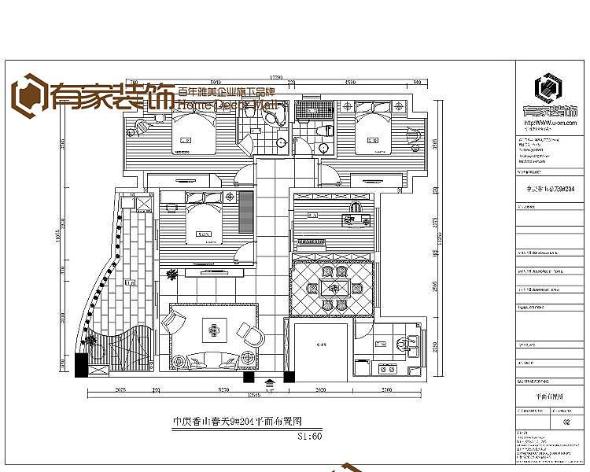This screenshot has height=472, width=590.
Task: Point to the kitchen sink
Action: click(x=408, y=343)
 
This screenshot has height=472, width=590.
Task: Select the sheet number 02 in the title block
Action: click(x=566, y=422)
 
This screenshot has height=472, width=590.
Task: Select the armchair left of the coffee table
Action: click(x=171, y=322)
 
